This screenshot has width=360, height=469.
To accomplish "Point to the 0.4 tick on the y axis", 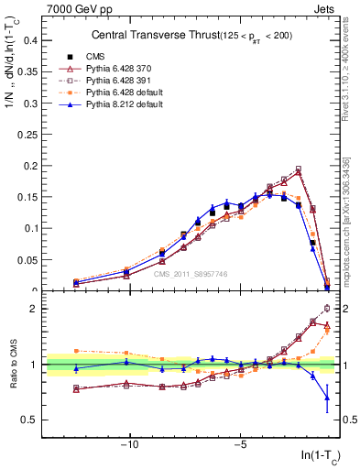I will [x=30, y=40].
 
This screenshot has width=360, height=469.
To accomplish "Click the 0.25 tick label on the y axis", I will [x=27, y=135].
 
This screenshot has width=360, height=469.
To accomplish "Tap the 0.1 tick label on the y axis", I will [x=30, y=228].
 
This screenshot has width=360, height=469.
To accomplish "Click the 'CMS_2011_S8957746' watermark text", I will [x=190, y=273].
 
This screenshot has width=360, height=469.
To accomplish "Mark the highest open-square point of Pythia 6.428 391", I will [x=298, y=169].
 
